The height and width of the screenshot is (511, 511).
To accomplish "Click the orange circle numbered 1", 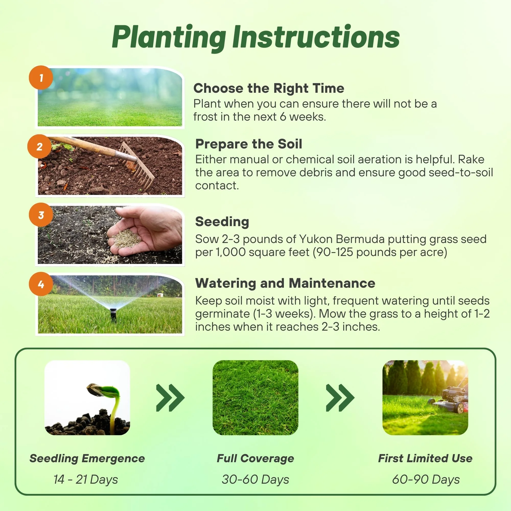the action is point(41,78).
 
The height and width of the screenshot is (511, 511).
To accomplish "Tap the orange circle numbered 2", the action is point(39,146).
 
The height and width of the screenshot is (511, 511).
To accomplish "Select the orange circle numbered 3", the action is point(41,215).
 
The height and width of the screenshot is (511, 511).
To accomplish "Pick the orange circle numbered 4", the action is point(41,284).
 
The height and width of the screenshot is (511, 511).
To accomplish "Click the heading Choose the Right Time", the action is point(269,88).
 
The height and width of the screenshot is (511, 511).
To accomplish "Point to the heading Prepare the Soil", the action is point(249,144).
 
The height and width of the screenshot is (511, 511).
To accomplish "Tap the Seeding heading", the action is point(222,222).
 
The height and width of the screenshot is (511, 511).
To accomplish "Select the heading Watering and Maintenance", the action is point(285,283).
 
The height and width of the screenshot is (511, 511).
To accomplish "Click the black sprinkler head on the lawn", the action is point(113,315).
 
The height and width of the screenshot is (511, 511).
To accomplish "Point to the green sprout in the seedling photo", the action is point(108,405).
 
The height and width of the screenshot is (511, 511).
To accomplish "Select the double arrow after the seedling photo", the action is point(170,398).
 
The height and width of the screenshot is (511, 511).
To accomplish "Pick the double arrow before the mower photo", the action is point(340,398).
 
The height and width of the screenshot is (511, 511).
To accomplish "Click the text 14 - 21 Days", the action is point(86,480).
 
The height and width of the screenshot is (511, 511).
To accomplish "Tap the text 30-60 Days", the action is point(255,480).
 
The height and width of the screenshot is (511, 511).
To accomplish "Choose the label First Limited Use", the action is point(425,458).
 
